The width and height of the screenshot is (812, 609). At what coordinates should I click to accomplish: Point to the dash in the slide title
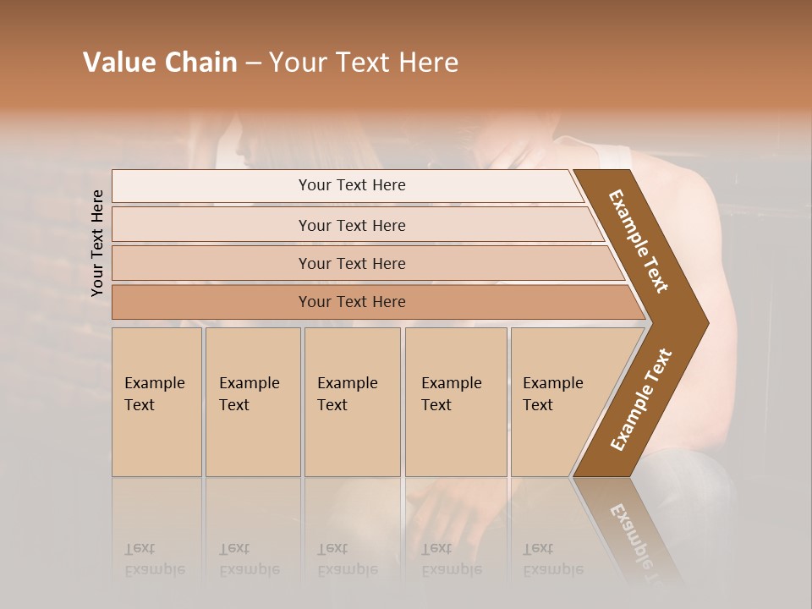(253, 63)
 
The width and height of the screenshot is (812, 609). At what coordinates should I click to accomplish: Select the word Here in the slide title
(428, 63)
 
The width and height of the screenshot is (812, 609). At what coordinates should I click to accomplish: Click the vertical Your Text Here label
(97, 243)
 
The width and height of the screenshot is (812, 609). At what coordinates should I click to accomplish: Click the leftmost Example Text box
(156, 402)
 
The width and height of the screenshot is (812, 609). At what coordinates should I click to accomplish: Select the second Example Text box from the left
(252, 402)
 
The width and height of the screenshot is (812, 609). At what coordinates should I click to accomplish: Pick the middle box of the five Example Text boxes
(352, 402)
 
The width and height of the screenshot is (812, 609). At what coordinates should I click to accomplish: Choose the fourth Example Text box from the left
(455, 402)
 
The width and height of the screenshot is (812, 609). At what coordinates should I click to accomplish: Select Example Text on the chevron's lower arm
(641, 399)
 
